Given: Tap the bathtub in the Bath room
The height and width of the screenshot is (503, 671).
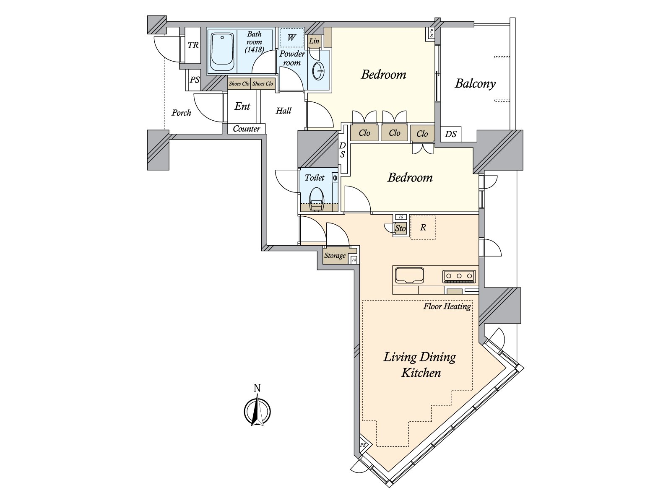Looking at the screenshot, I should point(222,52).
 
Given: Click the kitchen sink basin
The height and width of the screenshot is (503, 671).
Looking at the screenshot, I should point(409,275).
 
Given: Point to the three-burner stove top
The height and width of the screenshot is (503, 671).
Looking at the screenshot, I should point(459,276).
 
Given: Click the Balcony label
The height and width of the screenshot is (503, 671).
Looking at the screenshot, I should point(475,83).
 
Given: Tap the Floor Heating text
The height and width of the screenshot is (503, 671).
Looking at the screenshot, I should point(447,306).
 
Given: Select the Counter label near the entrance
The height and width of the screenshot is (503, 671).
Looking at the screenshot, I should point(247,129).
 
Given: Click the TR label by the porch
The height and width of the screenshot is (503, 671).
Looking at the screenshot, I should point(193,45).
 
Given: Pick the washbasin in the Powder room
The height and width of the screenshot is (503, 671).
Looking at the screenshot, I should point(319,71).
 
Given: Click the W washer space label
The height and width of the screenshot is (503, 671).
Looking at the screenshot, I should point(291,38).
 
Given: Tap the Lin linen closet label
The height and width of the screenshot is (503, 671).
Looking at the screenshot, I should point(314,41).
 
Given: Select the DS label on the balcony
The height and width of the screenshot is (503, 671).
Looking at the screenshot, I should point(451,134).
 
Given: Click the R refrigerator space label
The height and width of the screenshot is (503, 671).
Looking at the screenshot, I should point(423,228).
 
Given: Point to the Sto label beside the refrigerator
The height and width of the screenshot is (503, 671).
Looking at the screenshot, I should point(401,228).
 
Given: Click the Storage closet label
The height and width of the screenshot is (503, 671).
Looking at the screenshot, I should point(335,256).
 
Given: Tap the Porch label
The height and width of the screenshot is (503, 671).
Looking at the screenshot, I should point(181,113).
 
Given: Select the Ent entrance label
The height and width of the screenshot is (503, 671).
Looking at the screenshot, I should point(242,106).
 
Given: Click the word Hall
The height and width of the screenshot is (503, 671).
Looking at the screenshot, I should point(283,111).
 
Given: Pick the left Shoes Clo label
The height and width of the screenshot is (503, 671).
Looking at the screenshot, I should point(239,84).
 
